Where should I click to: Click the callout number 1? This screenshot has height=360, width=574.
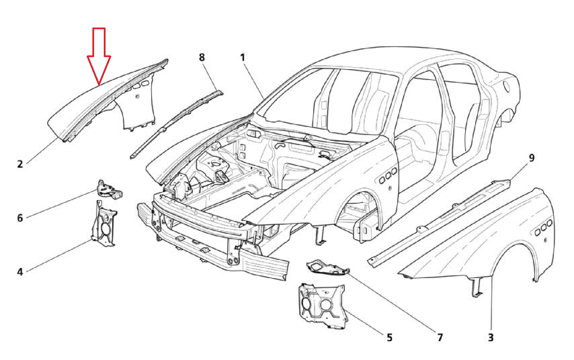(x=243, y=57)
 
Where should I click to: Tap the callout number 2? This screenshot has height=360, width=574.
(x=20, y=164)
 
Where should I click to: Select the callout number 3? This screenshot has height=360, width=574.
(x=491, y=337)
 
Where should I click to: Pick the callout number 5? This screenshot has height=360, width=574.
(x=389, y=337)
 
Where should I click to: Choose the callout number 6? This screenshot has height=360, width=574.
(x=20, y=218)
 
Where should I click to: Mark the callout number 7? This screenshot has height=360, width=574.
(x=440, y=337)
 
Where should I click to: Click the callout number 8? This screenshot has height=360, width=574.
(x=202, y=57)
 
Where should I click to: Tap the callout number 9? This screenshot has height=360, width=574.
(x=531, y=157)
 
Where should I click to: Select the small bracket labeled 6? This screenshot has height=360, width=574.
(x=109, y=190)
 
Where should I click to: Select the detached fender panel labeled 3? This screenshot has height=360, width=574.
(x=487, y=242)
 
